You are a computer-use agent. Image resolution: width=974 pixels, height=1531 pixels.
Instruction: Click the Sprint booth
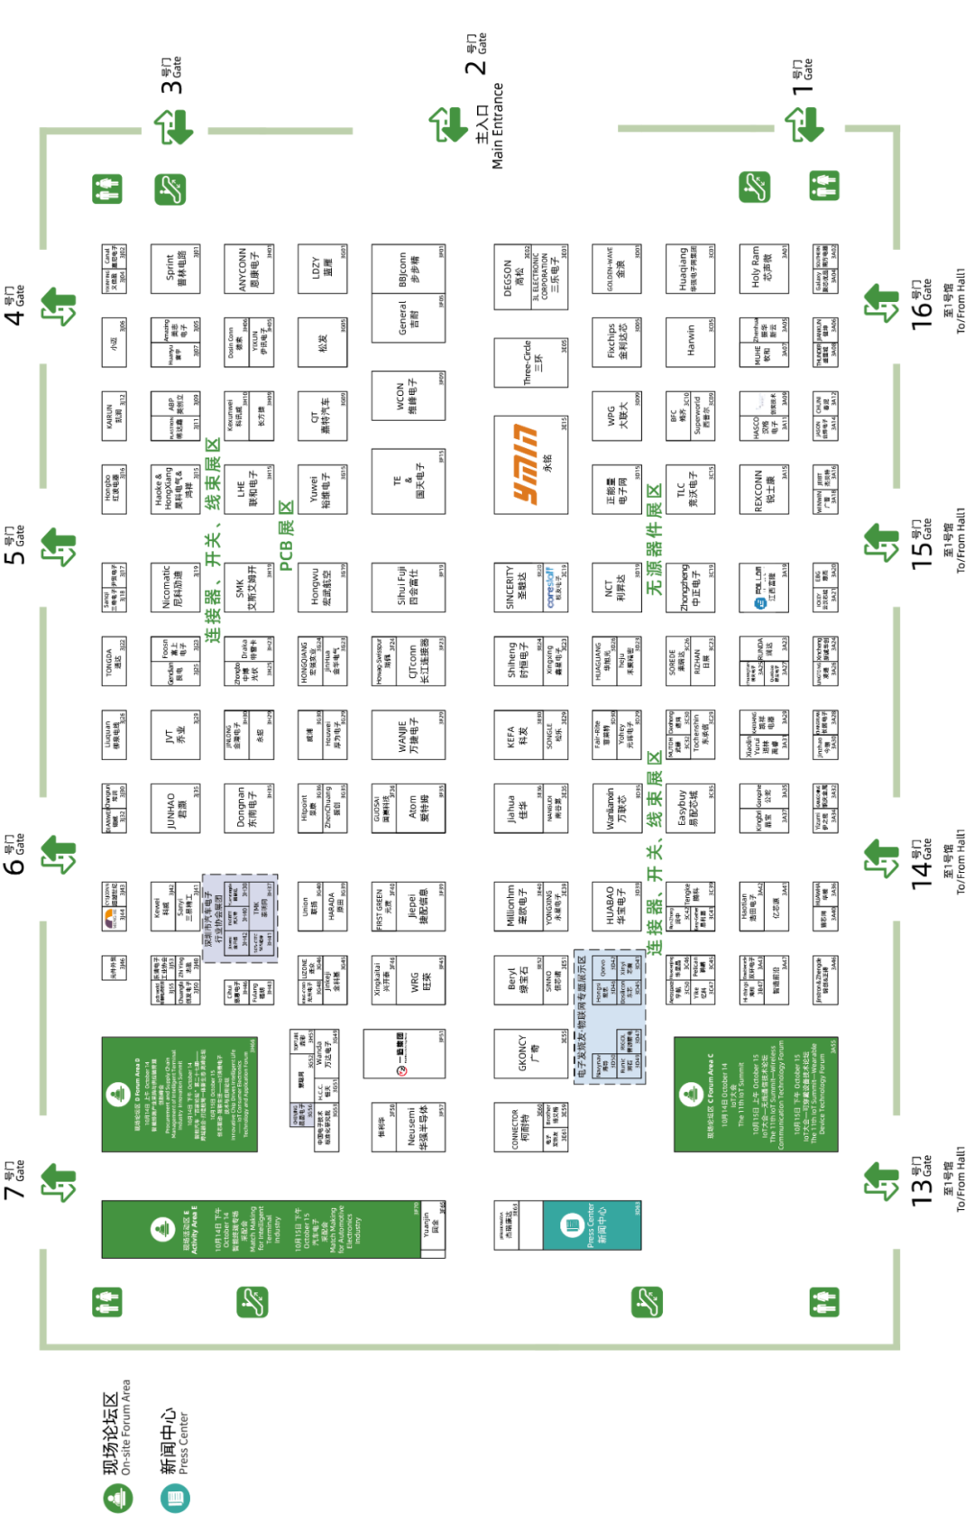coord(175,268)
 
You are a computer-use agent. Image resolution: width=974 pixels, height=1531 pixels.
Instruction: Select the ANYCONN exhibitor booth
coord(248,268)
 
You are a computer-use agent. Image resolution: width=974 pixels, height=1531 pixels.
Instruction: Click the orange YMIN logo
coord(527,463)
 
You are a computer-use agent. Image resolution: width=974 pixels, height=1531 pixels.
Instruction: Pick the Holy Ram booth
coord(763,268)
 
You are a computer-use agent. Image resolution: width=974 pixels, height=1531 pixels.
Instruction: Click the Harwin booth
coord(691,342)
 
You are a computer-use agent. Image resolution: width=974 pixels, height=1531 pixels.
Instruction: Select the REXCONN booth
coord(763,490)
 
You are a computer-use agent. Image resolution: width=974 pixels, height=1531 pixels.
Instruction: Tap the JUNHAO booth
coord(175,809)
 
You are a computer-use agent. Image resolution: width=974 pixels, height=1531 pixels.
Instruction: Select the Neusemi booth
coord(413,1127)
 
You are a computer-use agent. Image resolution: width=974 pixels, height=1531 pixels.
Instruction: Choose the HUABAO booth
coord(616,906)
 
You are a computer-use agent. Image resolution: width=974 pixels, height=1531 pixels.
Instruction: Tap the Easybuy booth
coord(689,809)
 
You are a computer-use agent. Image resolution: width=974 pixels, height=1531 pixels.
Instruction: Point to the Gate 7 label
coord(15,1181)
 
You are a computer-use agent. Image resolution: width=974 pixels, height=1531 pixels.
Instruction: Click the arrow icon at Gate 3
coord(173,127)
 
